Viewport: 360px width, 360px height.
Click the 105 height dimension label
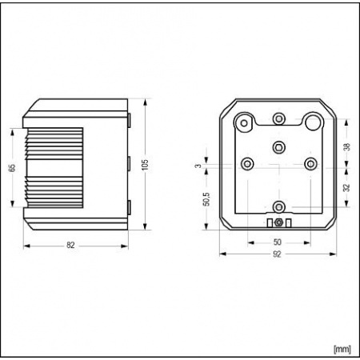coord(145,163)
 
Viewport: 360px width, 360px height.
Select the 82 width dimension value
coord(70,245)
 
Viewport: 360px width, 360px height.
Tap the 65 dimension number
coord(11,167)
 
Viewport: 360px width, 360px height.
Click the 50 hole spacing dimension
coord(278,241)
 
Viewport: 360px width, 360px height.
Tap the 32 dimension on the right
coord(346,189)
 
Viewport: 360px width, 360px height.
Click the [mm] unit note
coord(342,349)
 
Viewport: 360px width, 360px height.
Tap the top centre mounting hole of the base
coord(278,119)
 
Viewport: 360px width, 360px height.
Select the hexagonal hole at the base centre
coord(278,146)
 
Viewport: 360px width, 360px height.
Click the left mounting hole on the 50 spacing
coord(247,164)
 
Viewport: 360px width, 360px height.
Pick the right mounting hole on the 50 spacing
coord(309,164)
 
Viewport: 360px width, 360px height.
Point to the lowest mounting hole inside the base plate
coord(278,206)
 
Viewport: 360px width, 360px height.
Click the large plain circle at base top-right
coord(312,122)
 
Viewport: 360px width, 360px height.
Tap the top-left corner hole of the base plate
coord(243,122)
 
